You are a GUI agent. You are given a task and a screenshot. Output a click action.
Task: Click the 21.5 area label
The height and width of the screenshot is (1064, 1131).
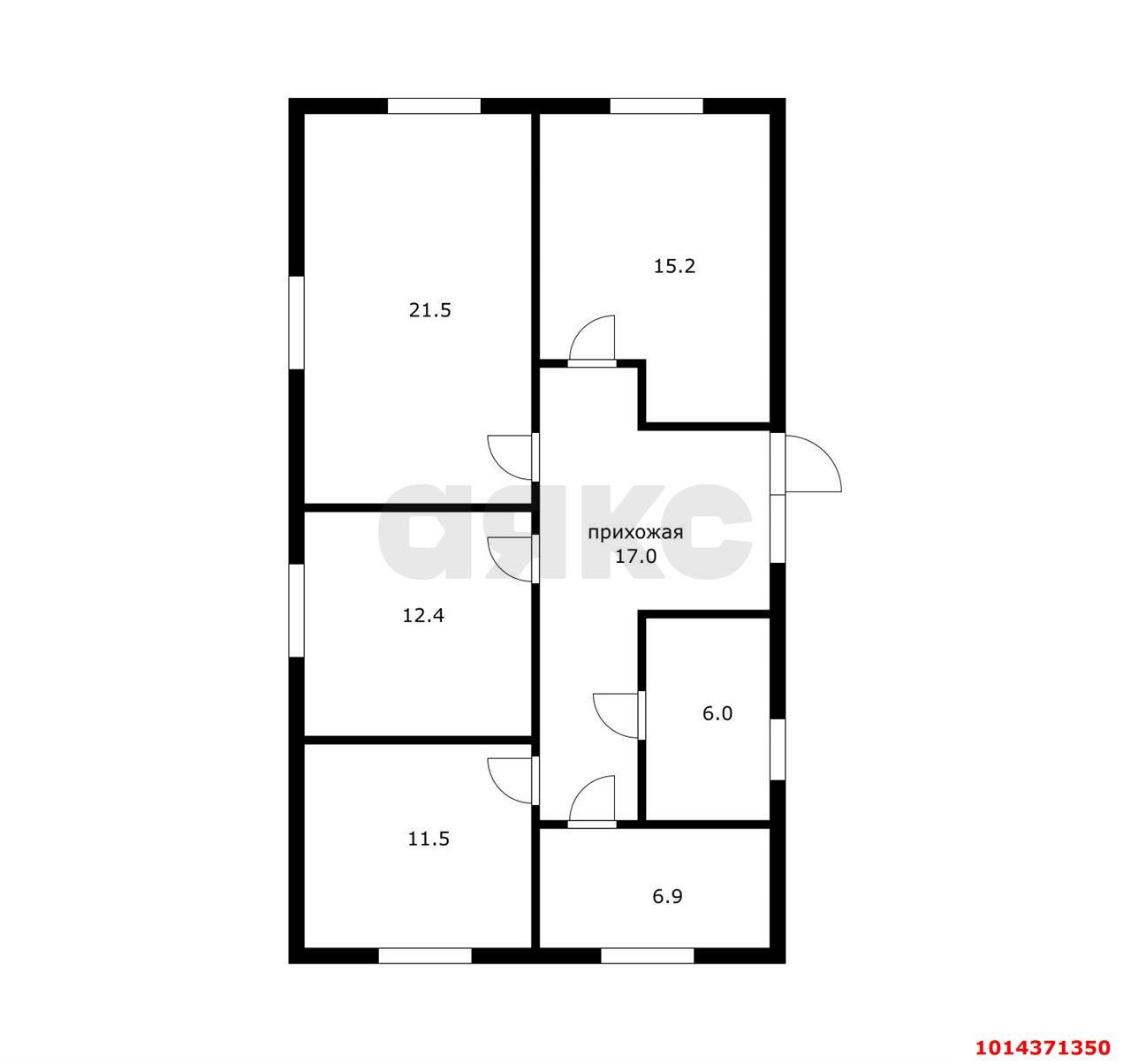430,310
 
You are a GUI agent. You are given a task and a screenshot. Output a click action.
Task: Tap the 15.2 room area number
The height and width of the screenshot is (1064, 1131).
674,266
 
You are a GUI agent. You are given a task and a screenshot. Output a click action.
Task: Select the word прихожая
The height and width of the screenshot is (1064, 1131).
635,533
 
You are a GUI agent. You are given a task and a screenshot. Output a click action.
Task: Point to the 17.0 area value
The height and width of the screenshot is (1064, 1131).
635,556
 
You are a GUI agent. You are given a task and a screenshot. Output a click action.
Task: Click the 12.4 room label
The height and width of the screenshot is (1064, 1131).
423,615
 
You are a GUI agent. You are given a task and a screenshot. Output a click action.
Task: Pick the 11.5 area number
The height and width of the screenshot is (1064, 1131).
429,839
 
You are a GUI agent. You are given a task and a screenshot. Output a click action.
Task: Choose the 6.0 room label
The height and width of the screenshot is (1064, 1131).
717,713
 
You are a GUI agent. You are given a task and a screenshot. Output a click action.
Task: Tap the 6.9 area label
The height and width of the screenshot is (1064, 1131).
667,897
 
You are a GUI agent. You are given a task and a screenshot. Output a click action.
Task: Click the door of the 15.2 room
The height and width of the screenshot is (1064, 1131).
593,339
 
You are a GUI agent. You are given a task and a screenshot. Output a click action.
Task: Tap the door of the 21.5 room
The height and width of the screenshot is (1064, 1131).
512,458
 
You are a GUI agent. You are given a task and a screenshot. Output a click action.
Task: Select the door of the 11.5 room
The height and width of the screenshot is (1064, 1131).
512,780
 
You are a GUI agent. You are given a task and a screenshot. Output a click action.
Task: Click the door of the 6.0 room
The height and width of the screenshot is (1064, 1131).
619,716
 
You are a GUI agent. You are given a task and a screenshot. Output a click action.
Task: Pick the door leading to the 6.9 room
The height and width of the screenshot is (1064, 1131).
593,800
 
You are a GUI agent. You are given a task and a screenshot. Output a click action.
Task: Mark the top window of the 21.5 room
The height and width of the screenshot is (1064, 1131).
435,106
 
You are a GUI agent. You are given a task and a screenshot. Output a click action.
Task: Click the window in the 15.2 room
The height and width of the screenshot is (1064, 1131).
657,106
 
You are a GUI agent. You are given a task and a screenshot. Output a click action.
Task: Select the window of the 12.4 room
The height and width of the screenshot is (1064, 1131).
296,611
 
